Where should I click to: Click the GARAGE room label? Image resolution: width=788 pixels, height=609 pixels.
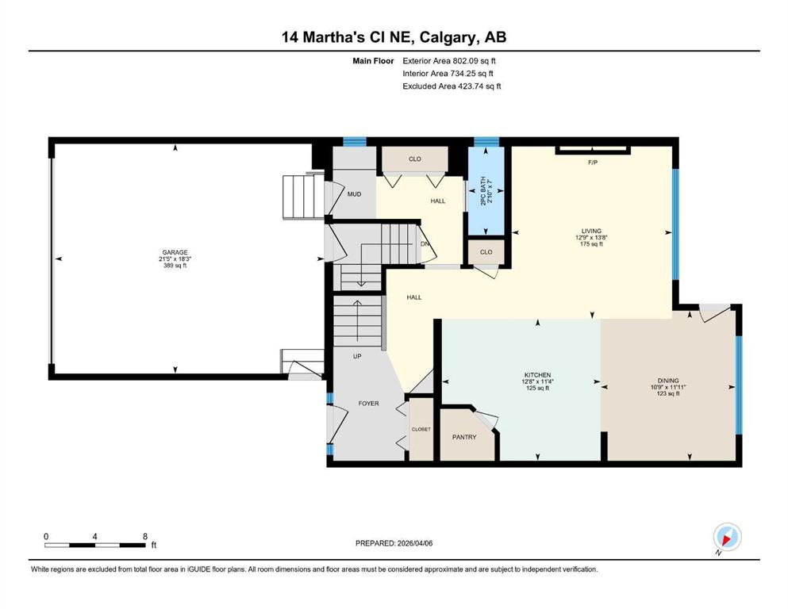(175, 252)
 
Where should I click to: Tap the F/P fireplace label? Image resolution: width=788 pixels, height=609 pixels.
(593, 163)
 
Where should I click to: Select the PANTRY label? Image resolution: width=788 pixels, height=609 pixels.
(464, 437)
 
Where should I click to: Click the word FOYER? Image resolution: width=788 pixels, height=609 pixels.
(368, 404)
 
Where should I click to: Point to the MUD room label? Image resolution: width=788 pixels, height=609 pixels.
(354, 194)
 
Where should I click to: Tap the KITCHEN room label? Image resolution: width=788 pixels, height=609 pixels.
(538, 375)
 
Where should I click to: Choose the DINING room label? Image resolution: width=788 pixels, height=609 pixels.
(668, 381)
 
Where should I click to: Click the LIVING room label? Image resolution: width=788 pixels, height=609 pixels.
(591, 231)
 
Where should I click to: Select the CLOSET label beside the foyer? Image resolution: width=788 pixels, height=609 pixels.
(421, 429)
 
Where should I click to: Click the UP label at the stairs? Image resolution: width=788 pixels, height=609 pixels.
(357, 357)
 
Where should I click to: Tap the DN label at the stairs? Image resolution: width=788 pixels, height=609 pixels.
(425, 244)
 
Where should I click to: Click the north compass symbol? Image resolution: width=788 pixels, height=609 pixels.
(727, 538)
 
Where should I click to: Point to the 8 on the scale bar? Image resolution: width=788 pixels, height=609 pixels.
(144, 536)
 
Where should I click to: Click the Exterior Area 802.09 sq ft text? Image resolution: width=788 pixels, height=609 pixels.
(449, 61)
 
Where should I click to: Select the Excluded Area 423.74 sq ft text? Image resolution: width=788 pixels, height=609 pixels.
(452, 86)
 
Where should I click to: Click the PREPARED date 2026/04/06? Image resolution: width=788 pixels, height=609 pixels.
(414, 543)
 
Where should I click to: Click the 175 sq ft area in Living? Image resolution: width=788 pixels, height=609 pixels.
(591, 244)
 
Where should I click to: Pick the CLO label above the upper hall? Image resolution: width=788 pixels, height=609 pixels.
(414, 159)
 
